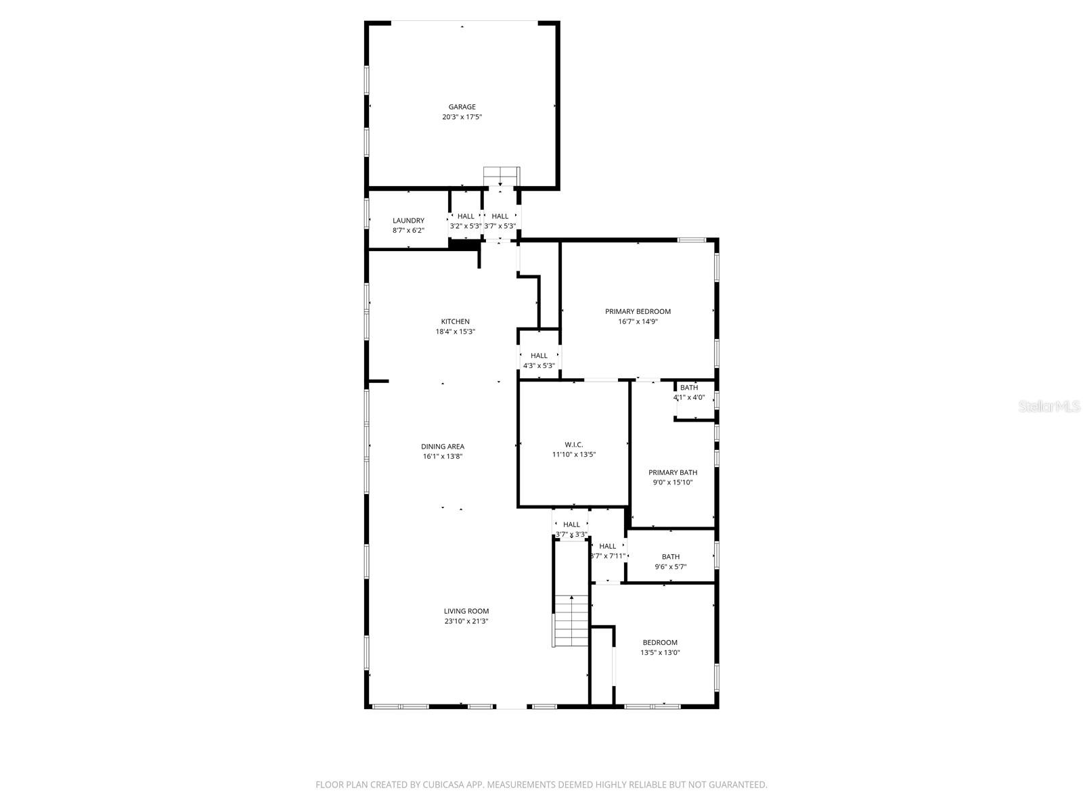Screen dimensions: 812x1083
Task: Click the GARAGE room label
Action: (x=462, y=107)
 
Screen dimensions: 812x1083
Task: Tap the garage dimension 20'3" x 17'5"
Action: (x=462, y=117)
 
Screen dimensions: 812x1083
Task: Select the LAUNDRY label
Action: (x=408, y=221)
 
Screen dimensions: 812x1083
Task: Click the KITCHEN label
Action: (x=455, y=321)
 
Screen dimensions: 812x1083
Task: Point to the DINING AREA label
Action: (x=442, y=447)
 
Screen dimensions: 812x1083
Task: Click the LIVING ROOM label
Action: (x=466, y=611)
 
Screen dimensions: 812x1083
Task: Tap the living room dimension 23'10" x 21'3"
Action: (x=466, y=621)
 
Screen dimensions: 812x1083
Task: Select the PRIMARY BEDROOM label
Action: (x=638, y=311)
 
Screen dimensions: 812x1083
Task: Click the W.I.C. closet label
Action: (x=573, y=445)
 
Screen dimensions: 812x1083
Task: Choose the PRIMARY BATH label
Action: (x=672, y=472)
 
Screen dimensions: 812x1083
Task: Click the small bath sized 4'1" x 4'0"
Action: (x=689, y=388)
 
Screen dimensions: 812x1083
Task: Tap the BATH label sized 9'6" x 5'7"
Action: (x=670, y=557)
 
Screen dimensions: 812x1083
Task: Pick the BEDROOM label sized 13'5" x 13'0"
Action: (x=659, y=643)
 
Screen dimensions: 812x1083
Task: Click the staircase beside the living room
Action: (x=571, y=621)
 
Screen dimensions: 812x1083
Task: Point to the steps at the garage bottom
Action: (x=501, y=175)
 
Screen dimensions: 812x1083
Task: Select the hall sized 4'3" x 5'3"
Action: (x=539, y=356)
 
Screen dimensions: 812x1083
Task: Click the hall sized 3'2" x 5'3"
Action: (x=466, y=217)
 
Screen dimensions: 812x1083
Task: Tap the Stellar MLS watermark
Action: (x=1050, y=407)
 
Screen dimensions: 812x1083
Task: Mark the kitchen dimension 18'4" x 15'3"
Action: (x=455, y=332)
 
